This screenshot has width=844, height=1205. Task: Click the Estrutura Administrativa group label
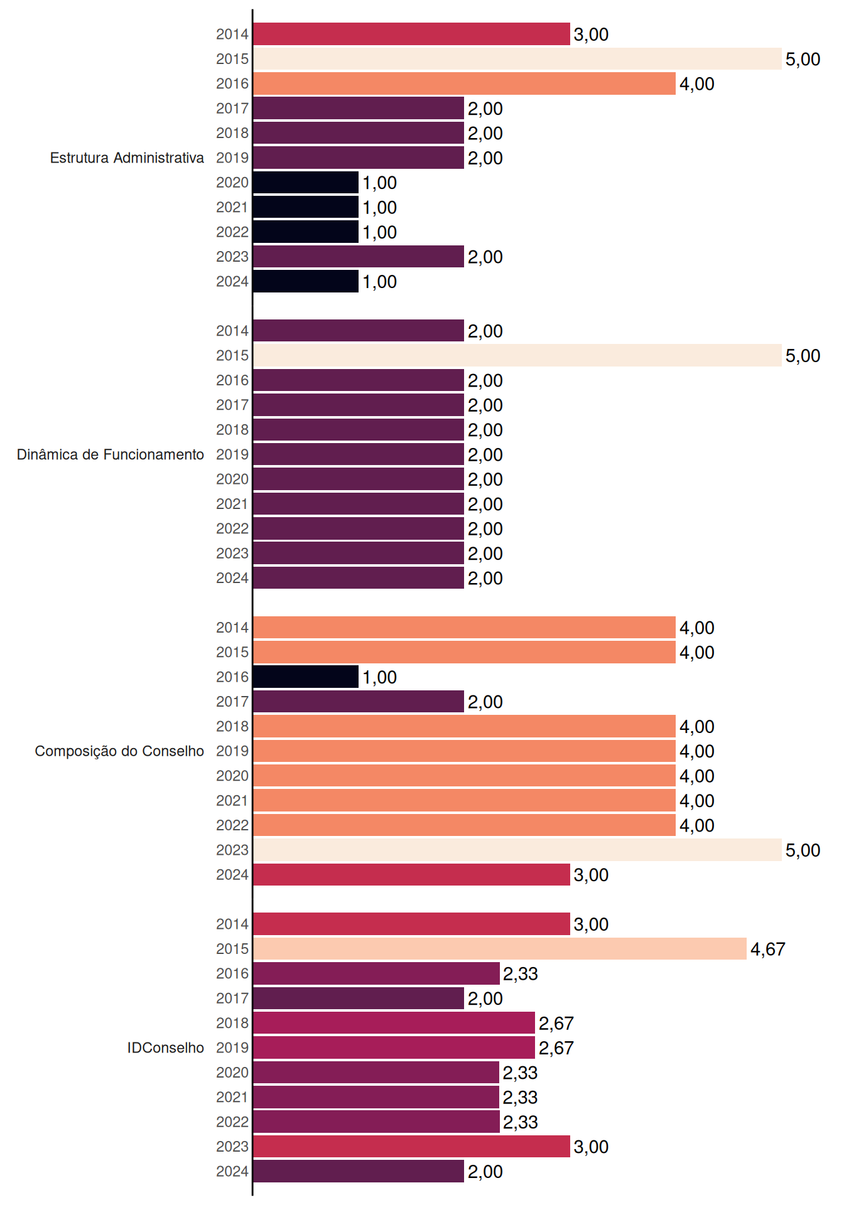pyautogui.click(x=127, y=158)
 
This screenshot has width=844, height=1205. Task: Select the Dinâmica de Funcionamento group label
pyautogui.click(x=111, y=454)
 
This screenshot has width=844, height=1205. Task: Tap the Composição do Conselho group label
pyautogui.click(x=119, y=751)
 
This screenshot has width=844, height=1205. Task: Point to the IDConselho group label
pyautogui.click(x=166, y=1047)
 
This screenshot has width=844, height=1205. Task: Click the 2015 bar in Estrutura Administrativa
pyautogui.click(x=517, y=59)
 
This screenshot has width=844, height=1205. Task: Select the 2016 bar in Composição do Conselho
pyautogui.click(x=306, y=677)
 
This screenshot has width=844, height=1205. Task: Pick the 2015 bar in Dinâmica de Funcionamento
pyautogui.click(x=517, y=355)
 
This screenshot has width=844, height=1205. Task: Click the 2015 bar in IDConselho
pyautogui.click(x=500, y=949)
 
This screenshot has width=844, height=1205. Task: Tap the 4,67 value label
pyautogui.click(x=767, y=949)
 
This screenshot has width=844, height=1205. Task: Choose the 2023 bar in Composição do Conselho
pyautogui.click(x=517, y=850)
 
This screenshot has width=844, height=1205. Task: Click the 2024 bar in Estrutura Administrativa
pyautogui.click(x=306, y=281)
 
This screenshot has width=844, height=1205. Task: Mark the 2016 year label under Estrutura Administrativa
pyautogui.click(x=232, y=83)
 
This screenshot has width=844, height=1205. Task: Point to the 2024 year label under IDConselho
pyautogui.click(x=232, y=1171)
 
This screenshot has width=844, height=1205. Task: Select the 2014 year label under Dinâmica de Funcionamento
pyautogui.click(x=232, y=331)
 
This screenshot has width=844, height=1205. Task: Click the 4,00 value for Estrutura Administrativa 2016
pyautogui.click(x=696, y=83)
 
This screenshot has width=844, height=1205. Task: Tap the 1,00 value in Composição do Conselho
pyautogui.click(x=379, y=677)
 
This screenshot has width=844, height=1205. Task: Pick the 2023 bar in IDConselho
pyautogui.click(x=411, y=1147)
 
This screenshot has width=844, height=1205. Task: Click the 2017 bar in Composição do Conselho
pyautogui.click(x=359, y=702)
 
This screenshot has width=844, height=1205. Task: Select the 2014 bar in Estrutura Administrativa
pyautogui.click(x=411, y=34)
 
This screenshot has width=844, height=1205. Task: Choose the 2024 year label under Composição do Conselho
pyautogui.click(x=232, y=874)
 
